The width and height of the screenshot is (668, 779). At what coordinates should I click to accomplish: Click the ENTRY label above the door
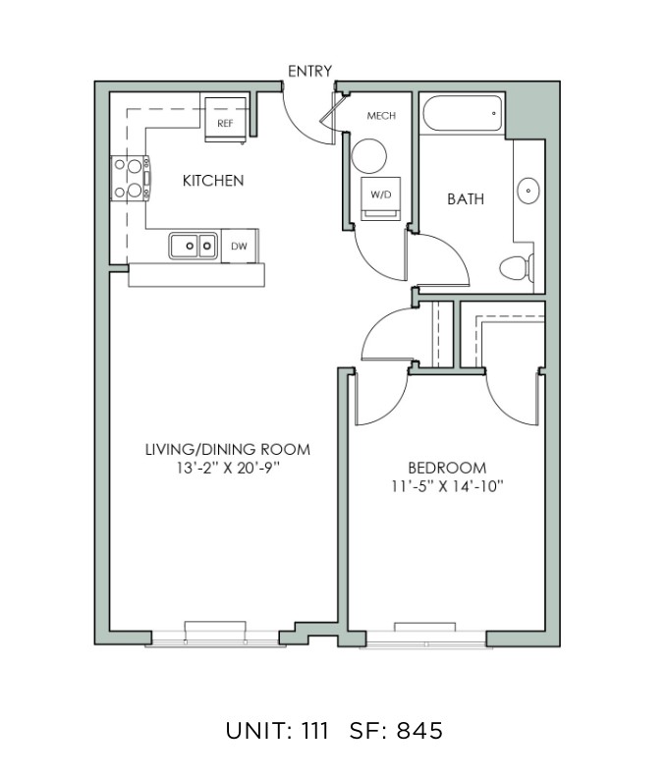[309, 71]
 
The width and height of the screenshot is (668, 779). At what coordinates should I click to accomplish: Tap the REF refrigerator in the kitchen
[226, 120]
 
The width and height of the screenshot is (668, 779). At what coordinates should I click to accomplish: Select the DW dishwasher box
[240, 246]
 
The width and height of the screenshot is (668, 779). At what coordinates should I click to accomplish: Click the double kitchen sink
[194, 246]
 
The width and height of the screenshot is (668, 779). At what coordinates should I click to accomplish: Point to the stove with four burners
[130, 179]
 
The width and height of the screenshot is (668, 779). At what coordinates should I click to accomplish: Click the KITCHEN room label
[213, 181]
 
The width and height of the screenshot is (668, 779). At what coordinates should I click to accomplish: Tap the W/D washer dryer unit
[380, 198]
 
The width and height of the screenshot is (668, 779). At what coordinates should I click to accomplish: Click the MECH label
[381, 116]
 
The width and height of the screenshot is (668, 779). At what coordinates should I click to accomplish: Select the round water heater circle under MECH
[368, 156]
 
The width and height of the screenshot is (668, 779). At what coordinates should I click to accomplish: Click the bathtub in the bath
[463, 113]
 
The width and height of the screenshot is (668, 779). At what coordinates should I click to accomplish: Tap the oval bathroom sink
[529, 191]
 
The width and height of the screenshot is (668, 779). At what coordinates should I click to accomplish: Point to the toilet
[517, 268]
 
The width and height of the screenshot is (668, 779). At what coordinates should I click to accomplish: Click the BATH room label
[466, 199]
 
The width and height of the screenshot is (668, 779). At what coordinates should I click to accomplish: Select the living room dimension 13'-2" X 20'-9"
[228, 468]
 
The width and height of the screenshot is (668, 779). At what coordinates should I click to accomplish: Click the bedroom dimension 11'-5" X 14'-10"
[447, 486]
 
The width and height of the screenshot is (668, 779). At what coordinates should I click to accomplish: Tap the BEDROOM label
[447, 468]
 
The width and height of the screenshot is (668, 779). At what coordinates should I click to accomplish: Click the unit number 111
[315, 731]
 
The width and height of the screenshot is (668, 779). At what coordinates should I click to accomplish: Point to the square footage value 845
[419, 731]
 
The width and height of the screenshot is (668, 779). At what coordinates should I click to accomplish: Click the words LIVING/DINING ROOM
[228, 450]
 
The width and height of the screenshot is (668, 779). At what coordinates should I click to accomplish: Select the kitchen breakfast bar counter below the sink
[196, 275]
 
